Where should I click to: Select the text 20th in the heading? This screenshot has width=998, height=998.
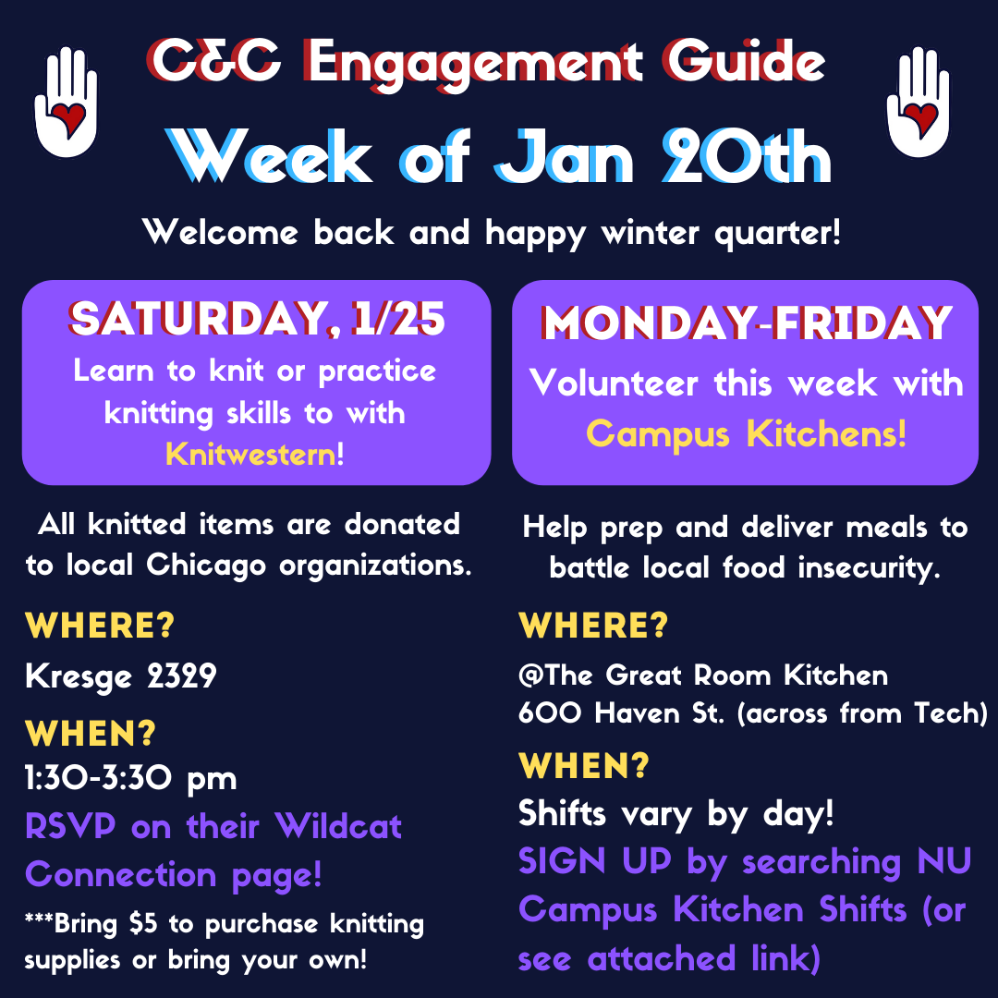[x=746, y=156]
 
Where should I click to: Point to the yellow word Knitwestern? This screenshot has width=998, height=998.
[x=250, y=455]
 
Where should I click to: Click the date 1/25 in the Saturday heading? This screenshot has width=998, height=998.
[x=399, y=318]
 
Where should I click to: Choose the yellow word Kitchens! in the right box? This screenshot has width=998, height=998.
[x=826, y=434]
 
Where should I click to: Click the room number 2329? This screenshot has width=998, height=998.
[x=182, y=675]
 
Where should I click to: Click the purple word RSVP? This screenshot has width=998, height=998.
[x=70, y=826]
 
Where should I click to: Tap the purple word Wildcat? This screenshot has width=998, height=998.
[x=338, y=826]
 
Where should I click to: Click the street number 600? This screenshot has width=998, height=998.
[x=549, y=712]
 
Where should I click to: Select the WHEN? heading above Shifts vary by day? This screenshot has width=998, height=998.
[x=584, y=766]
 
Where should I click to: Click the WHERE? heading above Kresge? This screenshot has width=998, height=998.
[x=100, y=626]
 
